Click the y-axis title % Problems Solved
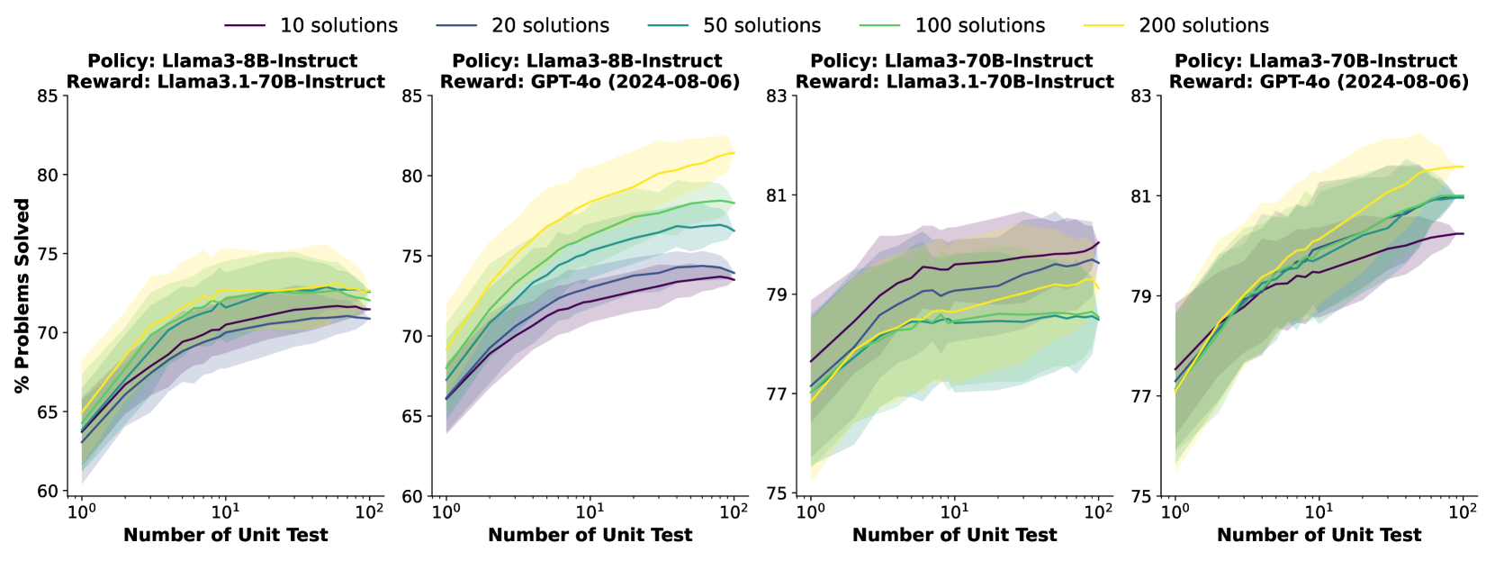[23, 295]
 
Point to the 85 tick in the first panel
[47, 95]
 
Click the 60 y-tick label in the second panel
[411, 496]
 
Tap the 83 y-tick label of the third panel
[776, 95]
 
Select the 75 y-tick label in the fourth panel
[1140, 496]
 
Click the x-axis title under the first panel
[225, 535]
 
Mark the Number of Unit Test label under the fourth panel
[1319, 535]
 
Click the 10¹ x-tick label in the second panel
[590, 511]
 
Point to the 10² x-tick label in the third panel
[1098, 511]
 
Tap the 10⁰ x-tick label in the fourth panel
[1175, 511]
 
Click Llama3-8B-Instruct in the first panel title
[259, 61]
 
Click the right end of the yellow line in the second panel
[734, 153]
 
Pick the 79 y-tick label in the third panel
[776, 295]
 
